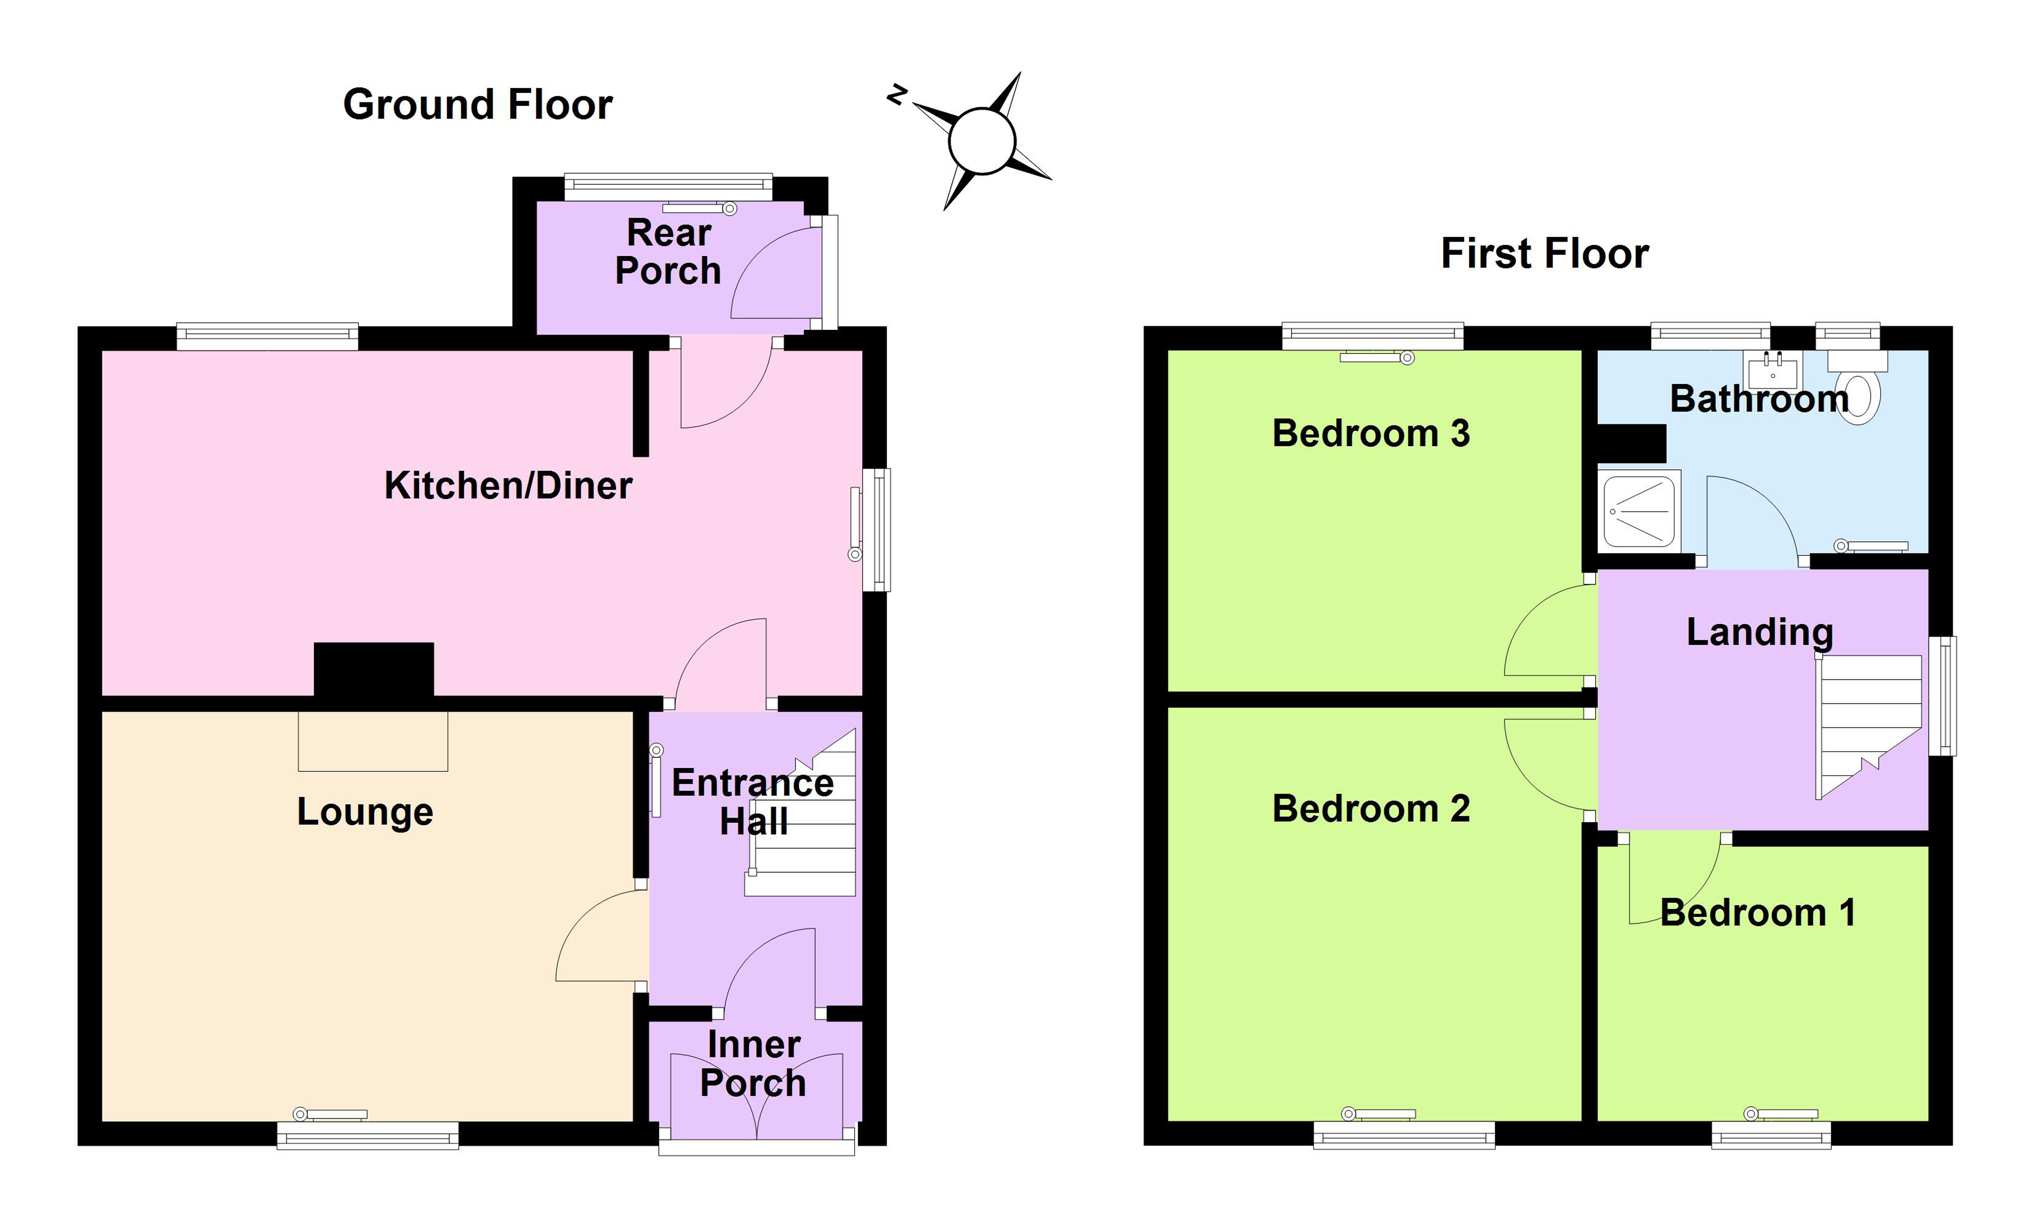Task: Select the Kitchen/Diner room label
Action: click(508, 486)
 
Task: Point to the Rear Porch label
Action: click(669, 251)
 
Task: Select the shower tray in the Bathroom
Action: click(1638, 511)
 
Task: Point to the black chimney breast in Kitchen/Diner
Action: click(373, 669)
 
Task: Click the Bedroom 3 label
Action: click(1371, 433)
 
